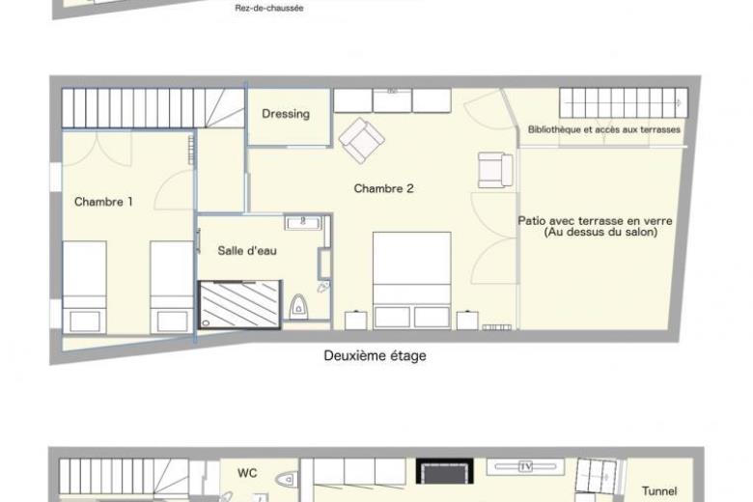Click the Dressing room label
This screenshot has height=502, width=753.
tap(286, 114)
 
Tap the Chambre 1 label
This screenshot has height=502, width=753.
tap(103, 202)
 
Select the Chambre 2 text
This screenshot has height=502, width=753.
tap(383, 188)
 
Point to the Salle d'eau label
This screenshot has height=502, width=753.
tap(247, 250)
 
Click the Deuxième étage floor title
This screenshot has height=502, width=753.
tap(376, 356)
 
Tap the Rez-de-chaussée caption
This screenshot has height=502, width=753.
tap(269, 8)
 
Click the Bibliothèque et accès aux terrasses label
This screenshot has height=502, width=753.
tap(603, 129)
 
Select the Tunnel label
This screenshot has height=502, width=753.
tap(659, 491)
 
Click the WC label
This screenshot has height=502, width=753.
tap(247, 473)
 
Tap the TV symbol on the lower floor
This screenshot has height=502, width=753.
tap(525, 466)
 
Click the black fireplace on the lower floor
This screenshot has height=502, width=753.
tap(444, 471)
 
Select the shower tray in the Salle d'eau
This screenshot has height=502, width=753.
tap(239, 304)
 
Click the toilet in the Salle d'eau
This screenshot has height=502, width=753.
tap(298, 306)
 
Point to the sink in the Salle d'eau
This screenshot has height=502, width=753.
tap(302, 223)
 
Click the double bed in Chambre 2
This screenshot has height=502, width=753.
tap(412, 281)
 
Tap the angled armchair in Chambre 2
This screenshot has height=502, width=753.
tap(362, 140)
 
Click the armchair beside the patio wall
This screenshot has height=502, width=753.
tap(495, 170)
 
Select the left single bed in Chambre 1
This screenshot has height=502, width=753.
tap(85, 288)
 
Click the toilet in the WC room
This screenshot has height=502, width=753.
tap(286, 479)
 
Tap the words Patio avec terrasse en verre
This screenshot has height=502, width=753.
tap(595, 221)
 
